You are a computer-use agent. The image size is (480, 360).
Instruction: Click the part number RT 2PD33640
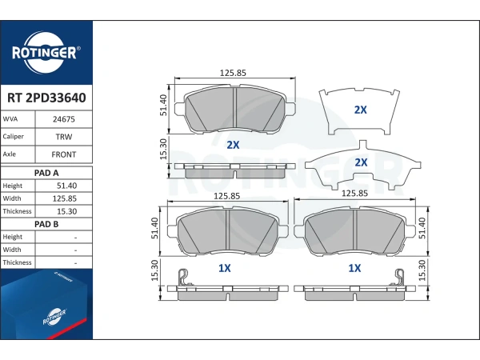(46, 98)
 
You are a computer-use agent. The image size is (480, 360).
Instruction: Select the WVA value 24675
(64, 119)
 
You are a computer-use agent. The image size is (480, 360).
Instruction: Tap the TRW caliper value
(64, 137)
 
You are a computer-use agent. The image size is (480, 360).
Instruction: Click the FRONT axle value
(64, 154)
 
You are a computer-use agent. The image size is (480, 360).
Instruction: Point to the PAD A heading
(46, 173)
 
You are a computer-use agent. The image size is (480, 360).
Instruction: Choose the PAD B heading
(46, 224)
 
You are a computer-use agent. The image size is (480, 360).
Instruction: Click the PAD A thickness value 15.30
(66, 211)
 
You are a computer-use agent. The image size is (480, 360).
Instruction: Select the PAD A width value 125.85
(65, 198)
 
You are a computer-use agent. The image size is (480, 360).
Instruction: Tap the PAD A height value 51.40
(66, 186)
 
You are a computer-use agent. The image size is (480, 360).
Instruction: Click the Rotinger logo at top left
(46, 53)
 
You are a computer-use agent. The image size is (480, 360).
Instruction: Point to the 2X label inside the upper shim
(360, 110)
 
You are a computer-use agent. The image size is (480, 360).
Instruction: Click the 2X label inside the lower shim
(361, 162)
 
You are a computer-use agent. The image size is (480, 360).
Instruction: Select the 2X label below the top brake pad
(233, 145)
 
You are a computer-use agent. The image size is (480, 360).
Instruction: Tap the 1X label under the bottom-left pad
(224, 268)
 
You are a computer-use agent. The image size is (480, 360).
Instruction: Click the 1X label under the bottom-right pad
(354, 268)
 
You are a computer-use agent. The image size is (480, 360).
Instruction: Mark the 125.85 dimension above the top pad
(233, 73)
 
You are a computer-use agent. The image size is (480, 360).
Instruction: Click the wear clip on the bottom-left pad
(184, 278)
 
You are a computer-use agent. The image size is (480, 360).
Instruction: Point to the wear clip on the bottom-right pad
(399, 278)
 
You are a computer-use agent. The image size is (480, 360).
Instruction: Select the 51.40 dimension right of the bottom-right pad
(422, 228)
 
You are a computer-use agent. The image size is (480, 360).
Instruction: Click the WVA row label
(10, 119)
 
